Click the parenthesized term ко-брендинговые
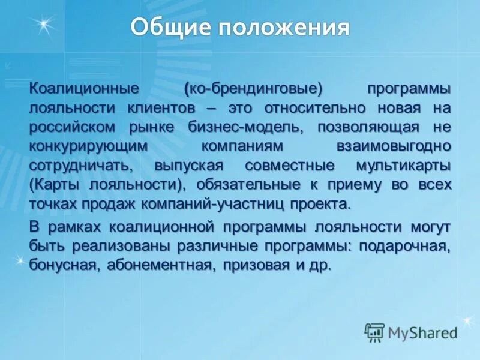pyautogui.click(x=253, y=89)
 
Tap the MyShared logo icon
pyautogui.click(x=374, y=331)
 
